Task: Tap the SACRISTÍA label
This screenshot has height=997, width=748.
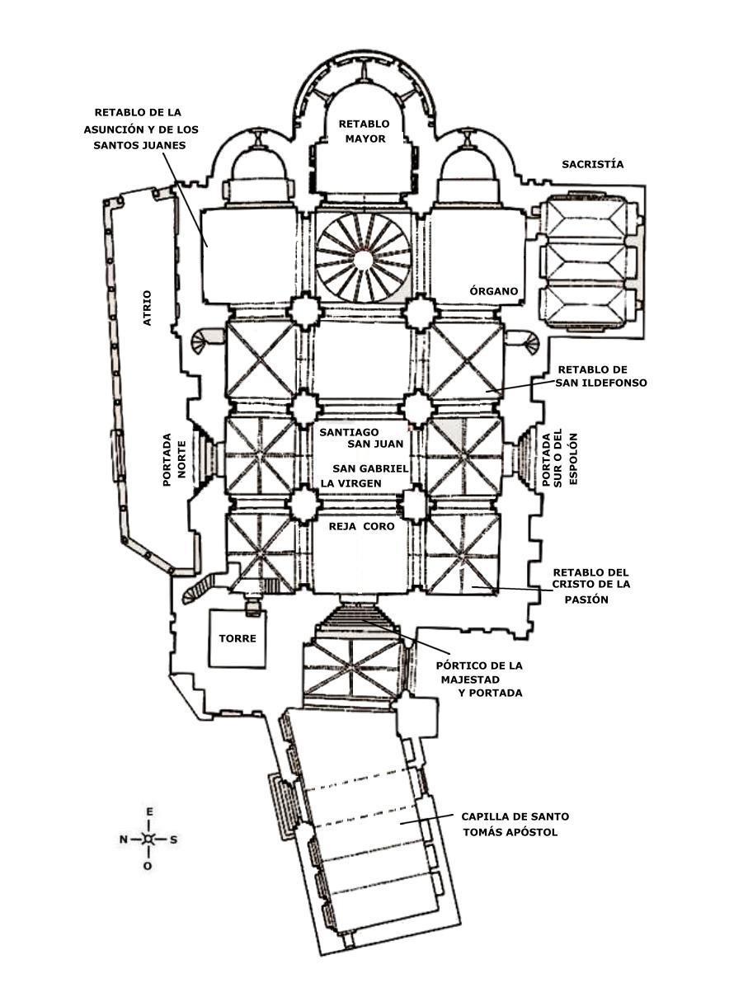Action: [x=592, y=164]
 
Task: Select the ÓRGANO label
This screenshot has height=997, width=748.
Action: [x=493, y=291]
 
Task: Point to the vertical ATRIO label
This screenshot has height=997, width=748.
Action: [x=148, y=307]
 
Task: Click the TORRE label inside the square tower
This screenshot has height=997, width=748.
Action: [x=237, y=638]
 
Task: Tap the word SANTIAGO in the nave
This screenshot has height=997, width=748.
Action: [x=349, y=431]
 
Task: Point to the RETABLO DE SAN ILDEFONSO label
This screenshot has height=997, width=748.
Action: [x=602, y=376]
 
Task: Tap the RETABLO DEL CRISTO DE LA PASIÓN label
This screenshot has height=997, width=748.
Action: [x=590, y=586]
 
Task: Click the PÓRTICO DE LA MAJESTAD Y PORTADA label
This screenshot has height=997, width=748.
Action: [x=478, y=679]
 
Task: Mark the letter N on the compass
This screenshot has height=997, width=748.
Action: [x=123, y=839]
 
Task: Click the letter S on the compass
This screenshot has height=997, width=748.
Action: [x=173, y=839]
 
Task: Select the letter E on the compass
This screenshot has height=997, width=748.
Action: [x=148, y=812]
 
